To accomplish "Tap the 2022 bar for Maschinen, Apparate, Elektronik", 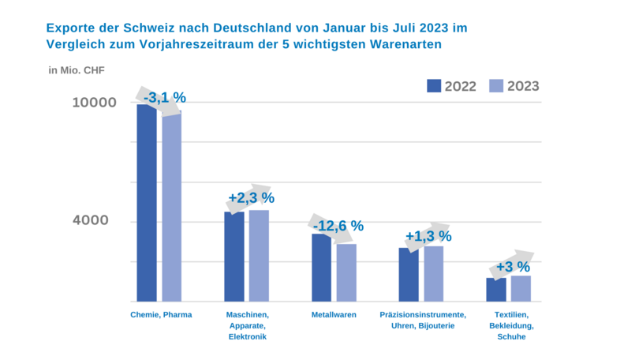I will click(234, 257).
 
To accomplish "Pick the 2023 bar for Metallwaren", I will click(346, 272).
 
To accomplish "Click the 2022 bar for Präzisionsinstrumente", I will click(409, 275).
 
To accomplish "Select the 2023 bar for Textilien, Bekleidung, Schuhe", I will click(521, 288).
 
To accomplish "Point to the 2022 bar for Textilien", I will click(496, 290).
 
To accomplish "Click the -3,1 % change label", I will click(165, 98).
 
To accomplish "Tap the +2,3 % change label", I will click(251, 197).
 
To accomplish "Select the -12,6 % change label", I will click(338, 226).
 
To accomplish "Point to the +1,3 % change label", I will click(428, 236).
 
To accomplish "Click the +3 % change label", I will click(512, 266).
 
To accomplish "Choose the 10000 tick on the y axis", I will click(95, 103).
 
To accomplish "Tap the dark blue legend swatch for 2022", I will click(435, 86).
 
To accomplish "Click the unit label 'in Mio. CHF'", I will click(77, 70).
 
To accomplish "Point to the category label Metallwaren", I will click(334, 315).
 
